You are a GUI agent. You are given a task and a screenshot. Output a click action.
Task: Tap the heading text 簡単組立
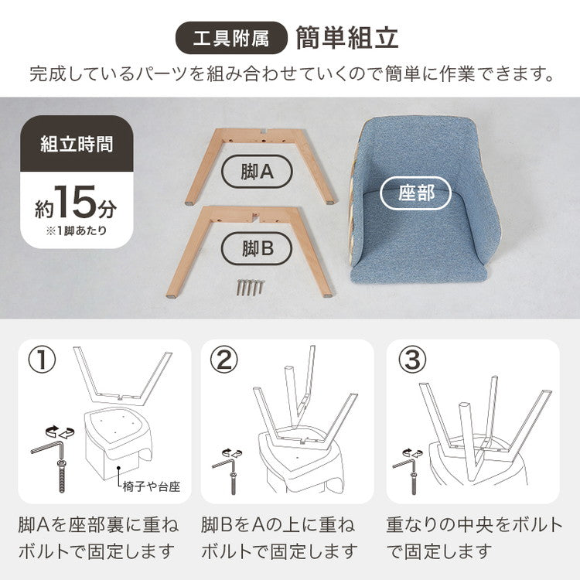347,37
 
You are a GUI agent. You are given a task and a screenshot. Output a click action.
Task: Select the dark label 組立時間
77,143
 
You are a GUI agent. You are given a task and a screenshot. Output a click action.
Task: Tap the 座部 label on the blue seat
417,193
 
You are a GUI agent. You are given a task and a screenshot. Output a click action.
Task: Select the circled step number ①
42,360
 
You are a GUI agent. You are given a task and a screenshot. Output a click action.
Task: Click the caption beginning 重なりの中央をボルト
474,538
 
